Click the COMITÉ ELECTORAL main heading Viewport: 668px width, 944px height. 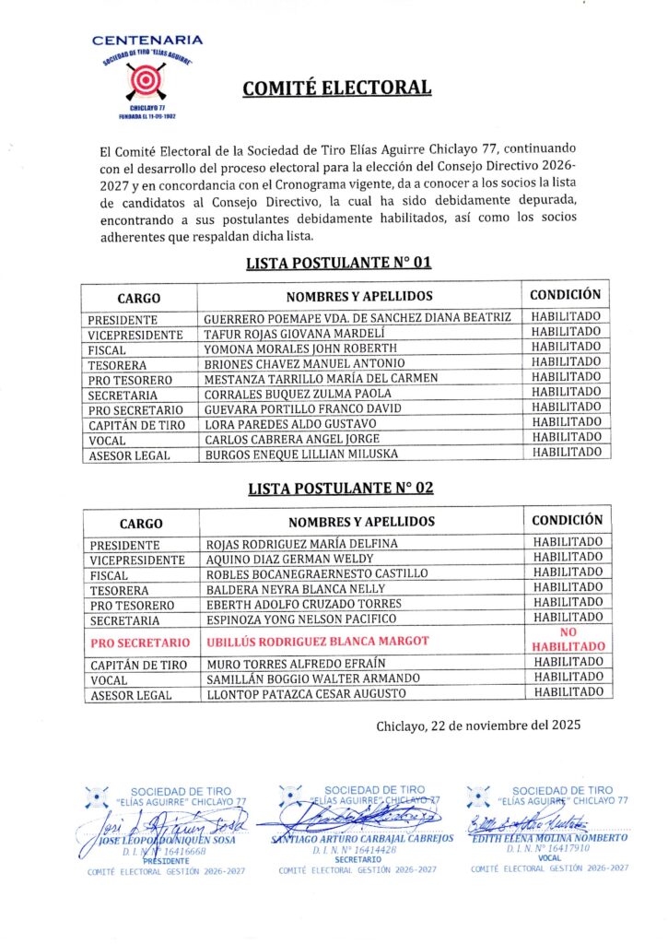(x=337, y=88)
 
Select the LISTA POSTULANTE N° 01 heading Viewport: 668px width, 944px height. (x=338, y=263)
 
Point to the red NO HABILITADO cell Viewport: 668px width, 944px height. (x=567, y=640)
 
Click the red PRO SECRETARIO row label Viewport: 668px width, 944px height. (x=140, y=642)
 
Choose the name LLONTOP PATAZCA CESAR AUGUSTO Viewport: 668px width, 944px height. (x=306, y=694)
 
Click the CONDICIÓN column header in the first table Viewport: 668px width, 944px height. (x=566, y=295)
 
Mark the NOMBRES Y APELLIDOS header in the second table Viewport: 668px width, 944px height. (x=361, y=522)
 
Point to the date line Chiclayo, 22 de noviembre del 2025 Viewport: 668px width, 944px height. (x=478, y=726)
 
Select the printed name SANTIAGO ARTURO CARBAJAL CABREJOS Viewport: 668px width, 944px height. (x=362, y=838)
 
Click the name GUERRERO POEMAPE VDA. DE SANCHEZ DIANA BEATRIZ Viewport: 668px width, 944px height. (x=357, y=317)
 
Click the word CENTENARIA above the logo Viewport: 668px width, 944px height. (x=147, y=41)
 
